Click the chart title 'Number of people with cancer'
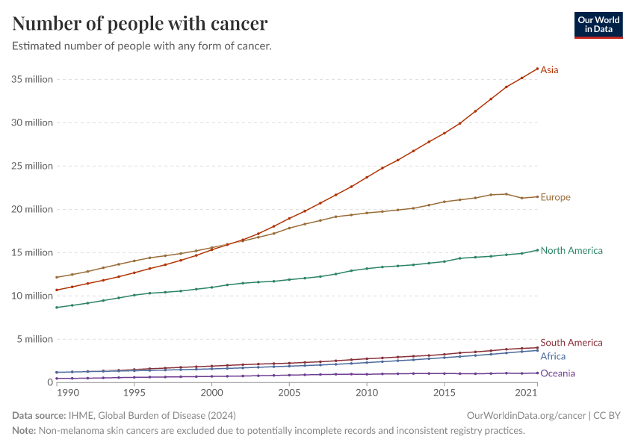140,24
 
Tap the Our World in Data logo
598,25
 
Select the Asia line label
549,70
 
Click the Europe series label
555,198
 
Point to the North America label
571,251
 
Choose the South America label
571,343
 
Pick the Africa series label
553,357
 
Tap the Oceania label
557,374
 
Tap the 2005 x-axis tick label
289,393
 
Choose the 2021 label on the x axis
526,393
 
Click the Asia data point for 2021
537,69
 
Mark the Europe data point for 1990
57,278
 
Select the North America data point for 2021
537,250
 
